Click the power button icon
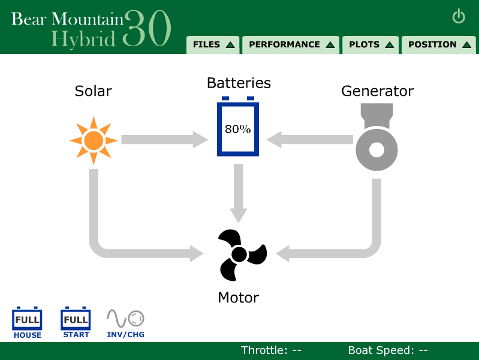[459, 16]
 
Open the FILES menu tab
[213, 45]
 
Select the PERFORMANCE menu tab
[291, 45]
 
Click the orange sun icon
[94, 140]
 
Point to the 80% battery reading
[238, 129]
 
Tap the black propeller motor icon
[240, 255]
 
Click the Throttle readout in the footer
[271, 350]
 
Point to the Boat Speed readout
[388, 350]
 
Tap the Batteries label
[239, 83]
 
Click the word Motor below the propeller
[239, 298]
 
